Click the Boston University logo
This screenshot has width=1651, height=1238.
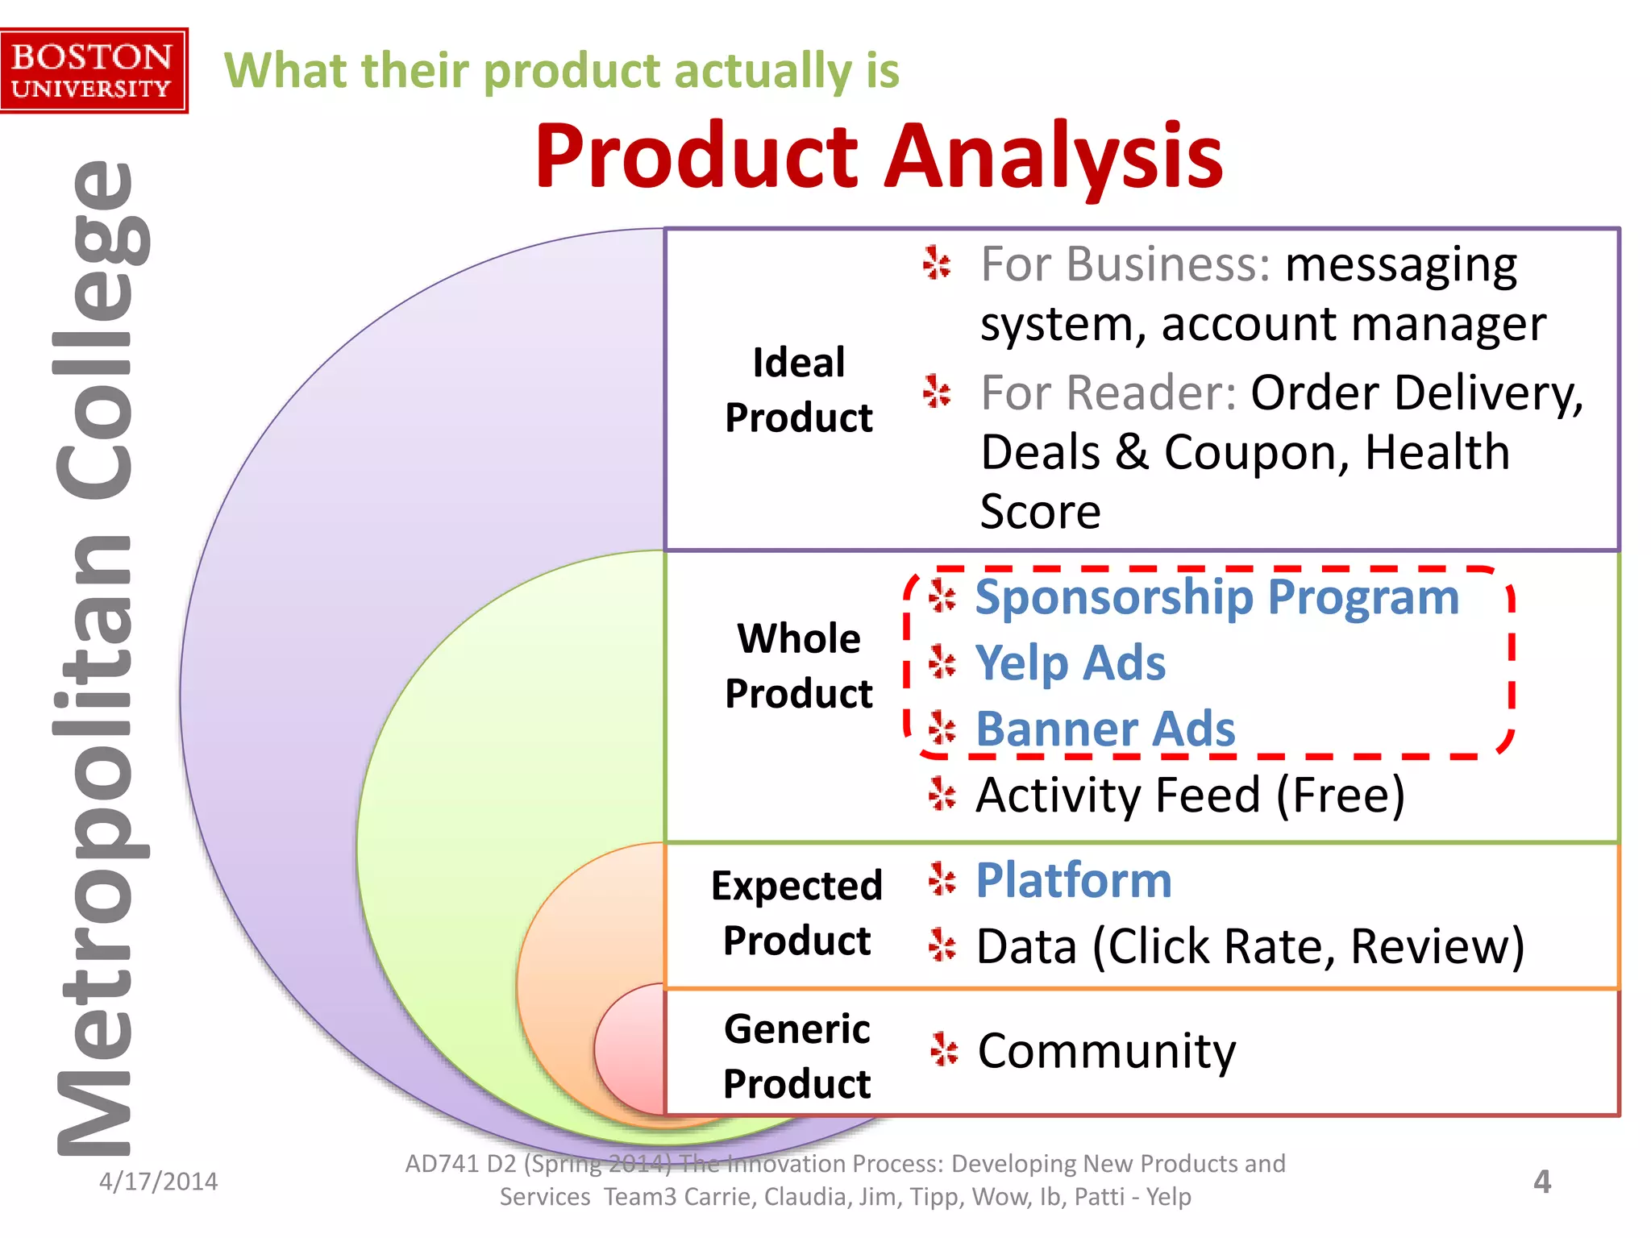tap(93, 71)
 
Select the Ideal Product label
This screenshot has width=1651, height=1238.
tap(798, 390)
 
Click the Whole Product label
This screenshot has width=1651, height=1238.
tap(798, 666)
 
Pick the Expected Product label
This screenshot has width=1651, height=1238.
tap(796, 913)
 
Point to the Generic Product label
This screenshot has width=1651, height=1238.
tap(796, 1056)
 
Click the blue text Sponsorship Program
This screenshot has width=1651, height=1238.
tap(1216, 597)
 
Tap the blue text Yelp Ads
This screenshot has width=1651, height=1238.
tap(1070, 663)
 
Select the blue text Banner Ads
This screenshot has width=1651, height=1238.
tap(1104, 729)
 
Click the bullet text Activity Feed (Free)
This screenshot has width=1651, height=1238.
tap(1190, 796)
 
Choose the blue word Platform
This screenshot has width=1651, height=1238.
tap(1073, 880)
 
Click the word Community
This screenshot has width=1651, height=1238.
tap(1106, 1051)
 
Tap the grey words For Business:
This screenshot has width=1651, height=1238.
tap(1125, 264)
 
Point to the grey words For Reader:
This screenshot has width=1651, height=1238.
tap(1108, 393)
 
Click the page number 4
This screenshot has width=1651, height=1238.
tap(1541, 1182)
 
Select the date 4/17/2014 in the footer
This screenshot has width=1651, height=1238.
tap(158, 1182)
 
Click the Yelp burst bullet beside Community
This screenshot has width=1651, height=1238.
tap(943, 1050)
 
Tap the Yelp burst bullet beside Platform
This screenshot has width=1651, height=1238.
tap(942, 879)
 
